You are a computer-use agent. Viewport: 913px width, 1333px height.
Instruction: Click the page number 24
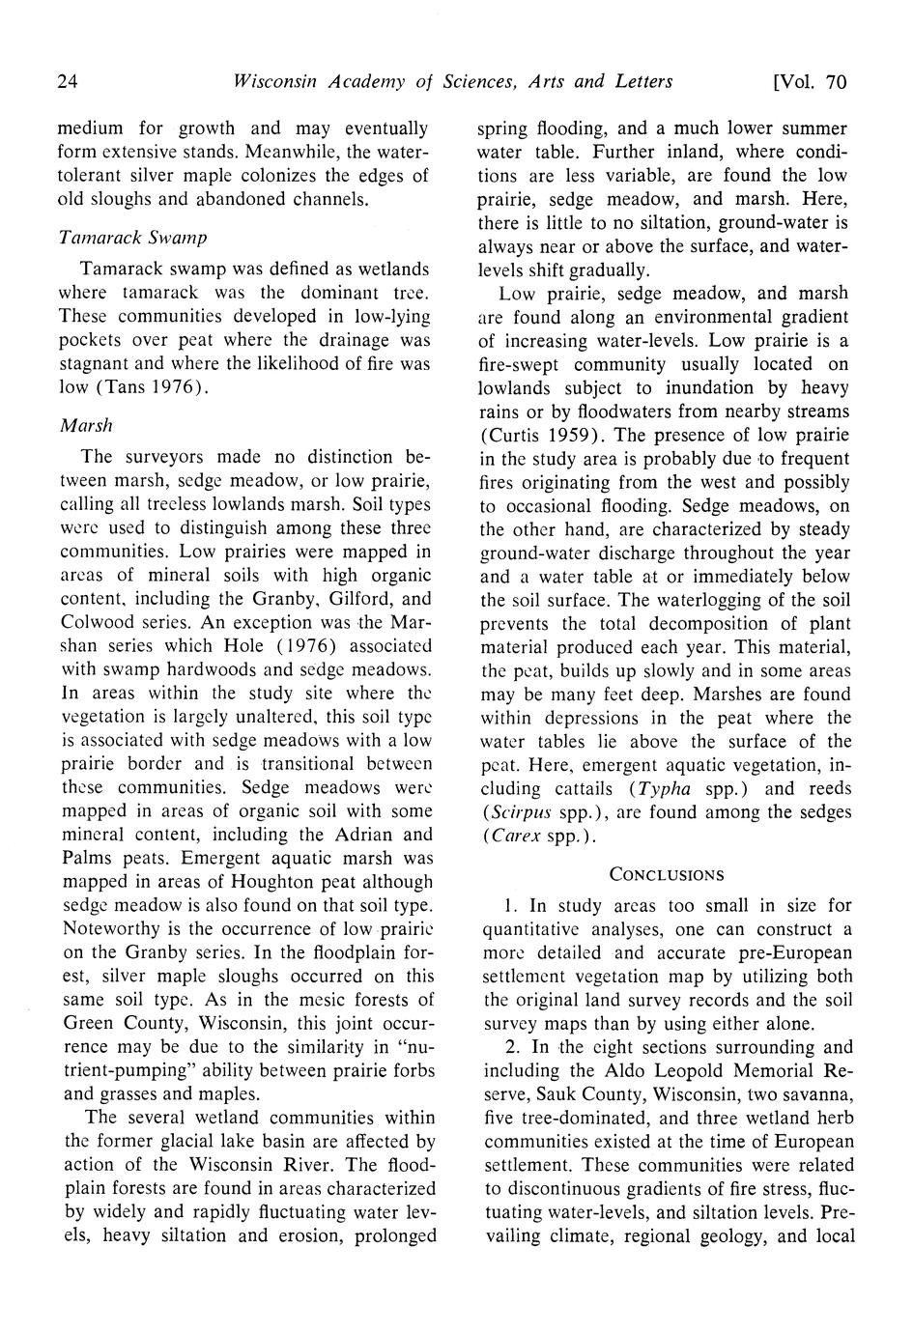click(68, 81)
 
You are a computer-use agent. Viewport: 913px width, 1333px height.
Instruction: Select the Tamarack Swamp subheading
click(132, 237)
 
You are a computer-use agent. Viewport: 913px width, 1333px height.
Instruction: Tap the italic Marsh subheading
click(86, 425)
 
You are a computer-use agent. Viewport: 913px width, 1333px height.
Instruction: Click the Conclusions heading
click(666, 874)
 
